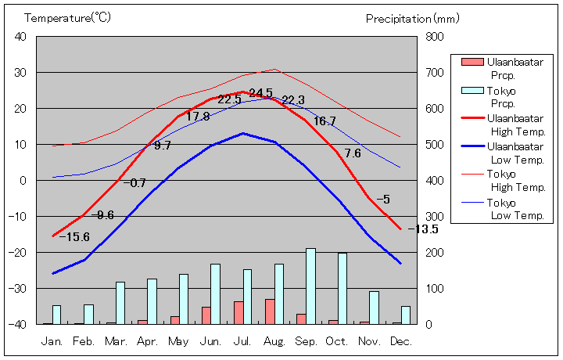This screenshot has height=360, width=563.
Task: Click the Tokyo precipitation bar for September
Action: pyautogui.click(x=310, y=286)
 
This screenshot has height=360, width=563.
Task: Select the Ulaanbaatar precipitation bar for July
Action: pyautogui.click(x=238, y=312)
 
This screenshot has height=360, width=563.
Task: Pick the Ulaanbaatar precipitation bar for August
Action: pyautogui.click(x=270, y=311)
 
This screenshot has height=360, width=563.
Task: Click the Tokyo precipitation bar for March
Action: pyautogui.click(x=120, y=303)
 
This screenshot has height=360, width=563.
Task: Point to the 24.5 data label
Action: pyautogui.click(x=260, y=92)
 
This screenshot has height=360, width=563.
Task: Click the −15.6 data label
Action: pyautogui.click(x=74, y=237)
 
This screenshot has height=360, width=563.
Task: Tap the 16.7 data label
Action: pyautogui.click(x=325, y=121)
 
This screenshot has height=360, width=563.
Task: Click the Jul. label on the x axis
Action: pyautogui.click(x=242, y=341)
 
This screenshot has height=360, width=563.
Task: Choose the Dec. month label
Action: pyautogui.click(x=401, y=341)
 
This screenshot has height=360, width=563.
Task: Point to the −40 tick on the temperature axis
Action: pyautogui.click(x=19, y=324)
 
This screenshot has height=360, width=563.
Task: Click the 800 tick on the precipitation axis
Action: pyautogui.click(x=435, y=37)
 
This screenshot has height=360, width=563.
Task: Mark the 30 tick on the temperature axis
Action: pyautogui.click(x=21, y=73)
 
